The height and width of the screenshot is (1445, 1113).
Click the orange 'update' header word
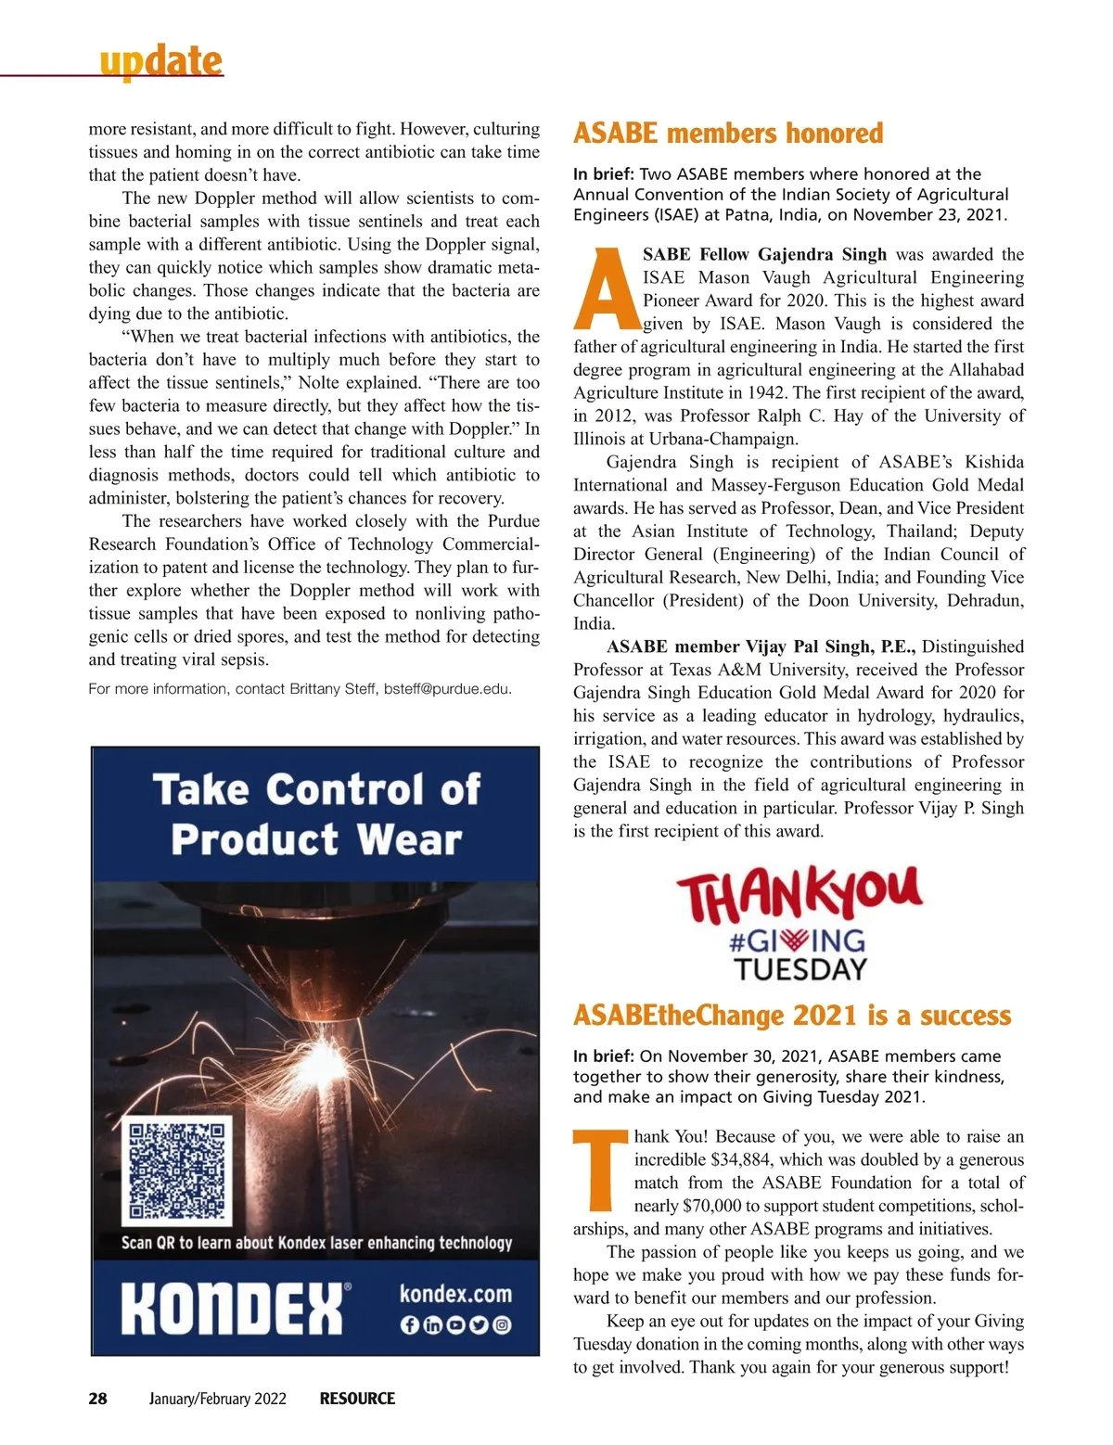161,61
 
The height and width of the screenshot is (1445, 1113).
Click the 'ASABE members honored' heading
728,134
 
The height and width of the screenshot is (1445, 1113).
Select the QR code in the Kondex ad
177,1170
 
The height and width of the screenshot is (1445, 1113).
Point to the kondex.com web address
455,1293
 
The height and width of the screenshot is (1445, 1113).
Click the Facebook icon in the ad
409,1324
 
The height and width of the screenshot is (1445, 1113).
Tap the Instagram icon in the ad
502,1324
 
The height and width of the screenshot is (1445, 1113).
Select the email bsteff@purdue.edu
447,689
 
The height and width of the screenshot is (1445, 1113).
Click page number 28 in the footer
97,1399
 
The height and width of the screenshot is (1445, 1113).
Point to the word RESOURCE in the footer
357,1399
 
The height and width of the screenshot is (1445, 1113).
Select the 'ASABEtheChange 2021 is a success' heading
792,1016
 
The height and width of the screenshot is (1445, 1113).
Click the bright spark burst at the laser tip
326,1055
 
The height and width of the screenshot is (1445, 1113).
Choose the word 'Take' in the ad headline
201,790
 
